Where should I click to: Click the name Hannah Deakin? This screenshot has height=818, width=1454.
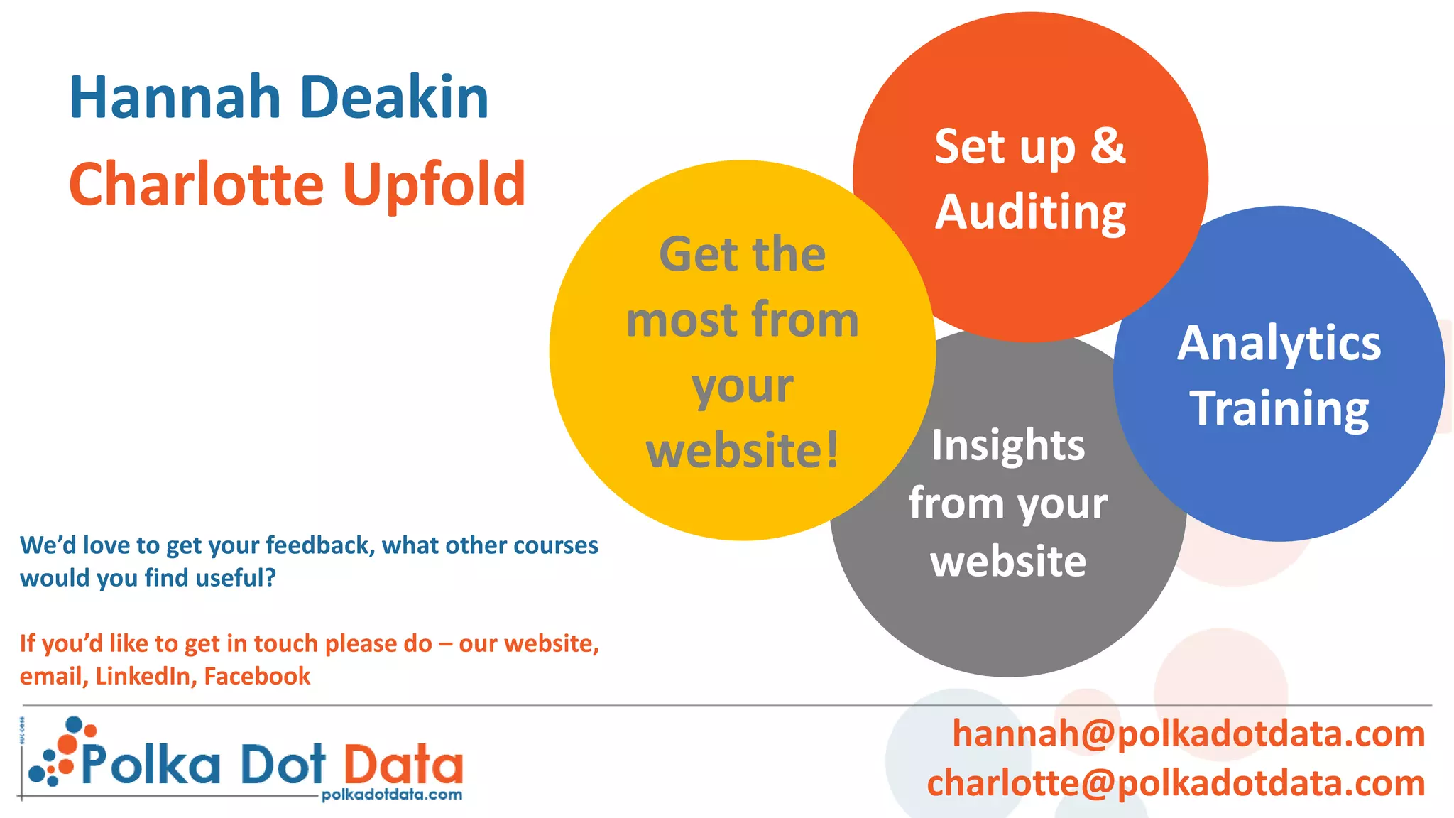(x=279, y=97)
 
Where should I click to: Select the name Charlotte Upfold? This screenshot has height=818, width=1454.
(x=297, y=185)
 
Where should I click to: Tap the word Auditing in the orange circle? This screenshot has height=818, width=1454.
(x=1030, y=212)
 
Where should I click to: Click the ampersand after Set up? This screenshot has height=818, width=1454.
(x=1108, y=146)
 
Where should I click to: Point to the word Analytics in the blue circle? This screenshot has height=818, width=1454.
(x=1279, y=344)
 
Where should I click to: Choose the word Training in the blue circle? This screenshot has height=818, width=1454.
(x=1279, y=409)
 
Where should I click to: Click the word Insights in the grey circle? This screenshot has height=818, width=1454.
(x=1008, y=446)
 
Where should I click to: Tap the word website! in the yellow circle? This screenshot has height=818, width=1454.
(x=743, y=450)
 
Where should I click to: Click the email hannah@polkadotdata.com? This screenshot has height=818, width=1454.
(x=1188, y=734)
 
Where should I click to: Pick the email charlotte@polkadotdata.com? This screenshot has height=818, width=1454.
(x=1176, y=783)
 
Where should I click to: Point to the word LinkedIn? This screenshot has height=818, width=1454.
(x=146, y=676)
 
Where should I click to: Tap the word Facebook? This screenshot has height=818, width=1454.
(x=257, y=676)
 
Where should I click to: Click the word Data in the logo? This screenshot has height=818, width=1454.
(x=403, y=765)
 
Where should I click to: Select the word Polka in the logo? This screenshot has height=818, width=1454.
(x=151, y=765)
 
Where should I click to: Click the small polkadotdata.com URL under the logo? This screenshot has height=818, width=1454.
(x=391, y=795)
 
